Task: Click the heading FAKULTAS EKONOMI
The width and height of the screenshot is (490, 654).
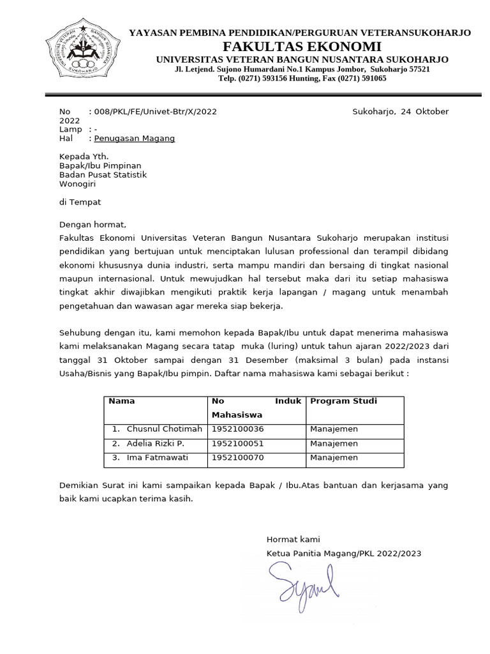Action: (x=302, y=47)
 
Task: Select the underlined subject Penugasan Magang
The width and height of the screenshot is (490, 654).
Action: (x=134, y=139)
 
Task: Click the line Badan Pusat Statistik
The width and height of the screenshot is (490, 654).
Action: (x=103, y=175)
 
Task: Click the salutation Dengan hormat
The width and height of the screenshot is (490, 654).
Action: (x=93, y=225)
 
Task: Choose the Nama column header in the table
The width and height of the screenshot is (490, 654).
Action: (x=122, y=402)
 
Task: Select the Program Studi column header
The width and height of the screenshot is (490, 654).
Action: (x=343, y=402)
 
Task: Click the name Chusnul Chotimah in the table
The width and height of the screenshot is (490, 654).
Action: (x=164, y=429)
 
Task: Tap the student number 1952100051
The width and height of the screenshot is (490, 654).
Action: (x=238, y=443)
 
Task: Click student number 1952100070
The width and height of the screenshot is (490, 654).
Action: (x=238, y=458)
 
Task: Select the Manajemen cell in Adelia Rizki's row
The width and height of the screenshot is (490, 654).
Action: (x=334, y=443)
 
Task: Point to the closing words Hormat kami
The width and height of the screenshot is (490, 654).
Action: (x=293, y=540)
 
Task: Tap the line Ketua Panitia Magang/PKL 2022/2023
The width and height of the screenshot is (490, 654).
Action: (x=344, y=554)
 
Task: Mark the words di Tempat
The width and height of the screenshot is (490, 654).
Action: (x=80, y=202)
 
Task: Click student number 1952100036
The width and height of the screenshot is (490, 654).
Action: (x=238, y=429)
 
